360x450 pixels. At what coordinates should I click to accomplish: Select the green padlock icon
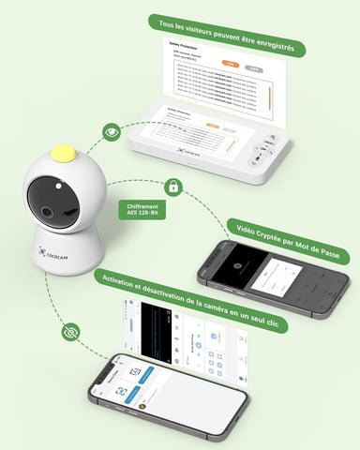pyautogui.click(x=172, y=186)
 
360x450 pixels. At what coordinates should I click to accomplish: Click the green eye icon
pyautogui.click(x=112, y=132)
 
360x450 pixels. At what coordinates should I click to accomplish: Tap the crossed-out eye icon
pyautogui.click(x=69, y=333)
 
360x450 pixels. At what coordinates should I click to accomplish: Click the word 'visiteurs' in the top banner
pyautogui.click(x=196, y=35)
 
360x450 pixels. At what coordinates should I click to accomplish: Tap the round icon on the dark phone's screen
pyautogui.click(x=237, y=265)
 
